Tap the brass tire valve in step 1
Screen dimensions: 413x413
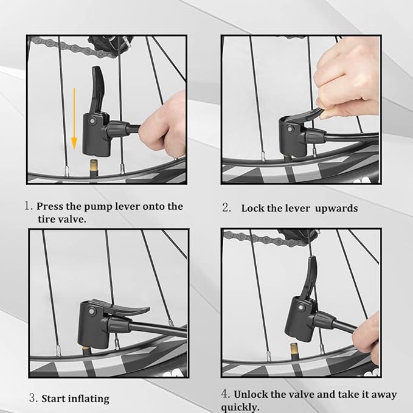point(94,165)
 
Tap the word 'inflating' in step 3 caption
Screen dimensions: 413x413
point(89,399)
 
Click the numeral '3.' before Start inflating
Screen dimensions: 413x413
point(33,399)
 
